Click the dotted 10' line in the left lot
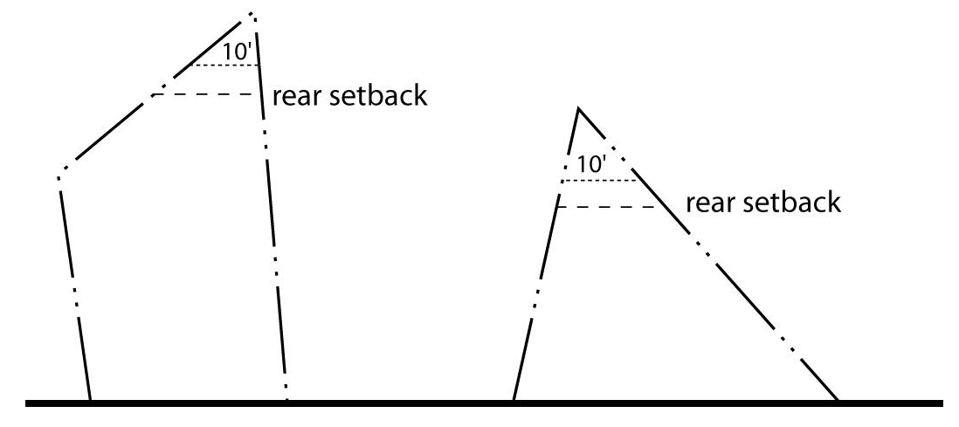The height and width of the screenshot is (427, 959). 225,65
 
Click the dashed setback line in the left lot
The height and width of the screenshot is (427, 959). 206,94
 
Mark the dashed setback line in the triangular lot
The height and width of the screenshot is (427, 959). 608,207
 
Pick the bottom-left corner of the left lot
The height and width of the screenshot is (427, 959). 91,400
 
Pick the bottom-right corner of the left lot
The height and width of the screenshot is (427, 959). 286,400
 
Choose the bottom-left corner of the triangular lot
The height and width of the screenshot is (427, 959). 513,400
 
